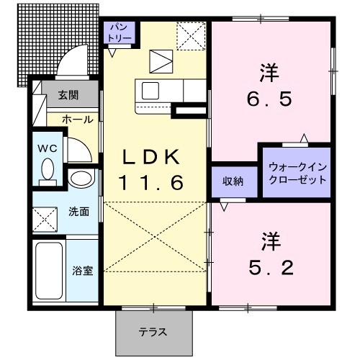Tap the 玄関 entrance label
[x=69, y=94]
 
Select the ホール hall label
[x=76, y=119]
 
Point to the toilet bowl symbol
[x=48, y=171]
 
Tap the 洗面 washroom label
[x=79, y=212]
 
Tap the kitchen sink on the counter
[x=151, y=92]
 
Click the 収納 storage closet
[x=232, y=181]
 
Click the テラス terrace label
[x=153, y=332]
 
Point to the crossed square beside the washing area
[x=48, y=216]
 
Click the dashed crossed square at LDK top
[x=192, y=35]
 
